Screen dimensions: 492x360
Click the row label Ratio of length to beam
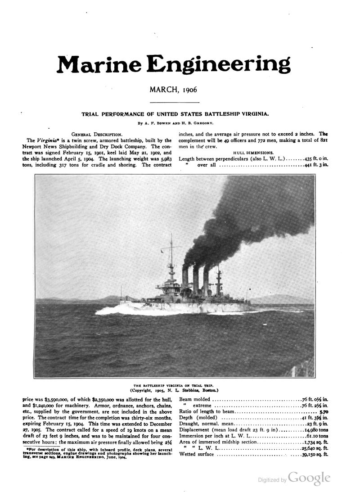tap(207, 411)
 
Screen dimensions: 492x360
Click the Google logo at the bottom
tap(310, 478)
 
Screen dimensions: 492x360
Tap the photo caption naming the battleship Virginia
tap(175, 385)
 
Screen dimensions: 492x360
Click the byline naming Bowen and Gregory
tap(175, 122)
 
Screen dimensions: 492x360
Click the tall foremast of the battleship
tap(171, 261)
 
